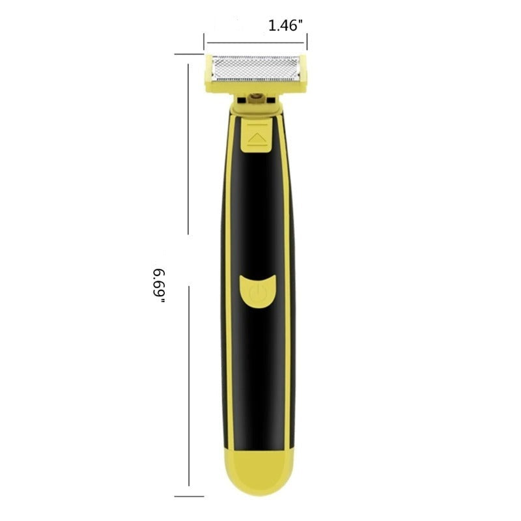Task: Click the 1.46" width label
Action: coord(286,25)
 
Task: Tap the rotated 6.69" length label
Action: coord(159,285)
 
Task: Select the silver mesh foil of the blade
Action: coord(256,68)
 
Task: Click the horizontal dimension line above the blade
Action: coord(256,42)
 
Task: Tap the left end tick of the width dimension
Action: coord(204,42)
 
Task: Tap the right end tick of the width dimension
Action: coord(307,42)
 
